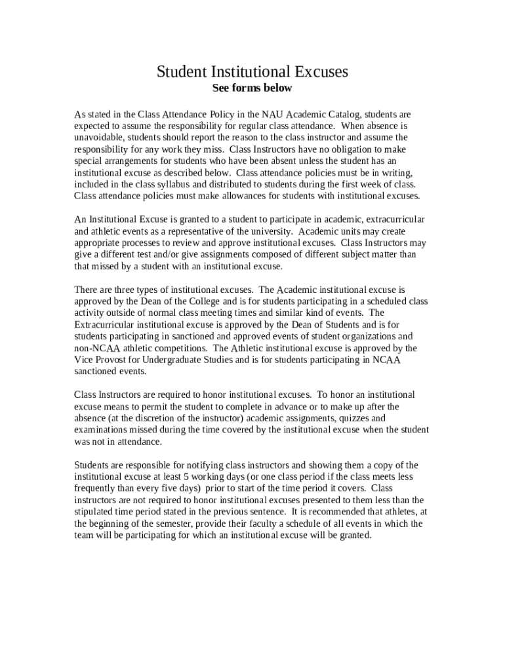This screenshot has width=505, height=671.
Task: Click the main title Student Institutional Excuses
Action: coord(252,71)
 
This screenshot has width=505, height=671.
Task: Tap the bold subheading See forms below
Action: coord(252,88)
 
